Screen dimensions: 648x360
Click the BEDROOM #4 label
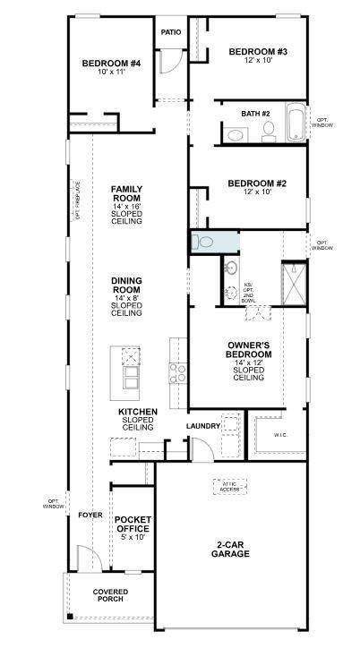coord(112,63)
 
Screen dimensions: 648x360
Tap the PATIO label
coord(170,32)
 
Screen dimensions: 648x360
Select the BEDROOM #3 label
coord(257,52)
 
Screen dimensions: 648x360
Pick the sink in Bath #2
coord(236,135)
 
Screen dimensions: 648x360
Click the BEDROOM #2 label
coord(256,183)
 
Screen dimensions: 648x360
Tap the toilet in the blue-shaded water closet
coord(205,242)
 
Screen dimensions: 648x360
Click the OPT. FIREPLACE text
coord(78,200)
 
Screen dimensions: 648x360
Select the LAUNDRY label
coord(203,426)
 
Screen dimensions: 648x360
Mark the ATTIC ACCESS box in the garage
coord(229,486)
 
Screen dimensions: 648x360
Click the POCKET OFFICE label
coord(131,529)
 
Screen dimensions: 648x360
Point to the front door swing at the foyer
coord(86,559)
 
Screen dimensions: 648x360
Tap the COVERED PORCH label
coord(110,596)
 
